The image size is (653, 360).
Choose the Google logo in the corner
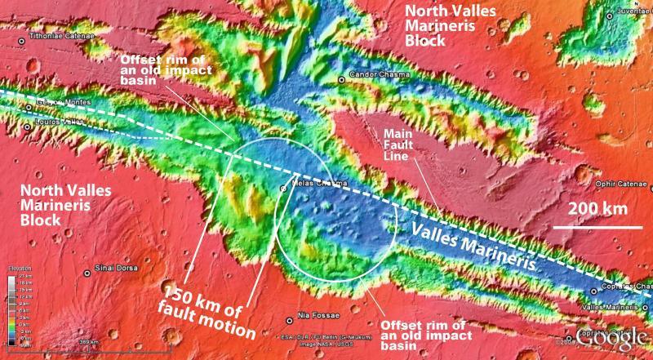(607, 337)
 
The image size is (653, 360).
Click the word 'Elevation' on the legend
(18, 268)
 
